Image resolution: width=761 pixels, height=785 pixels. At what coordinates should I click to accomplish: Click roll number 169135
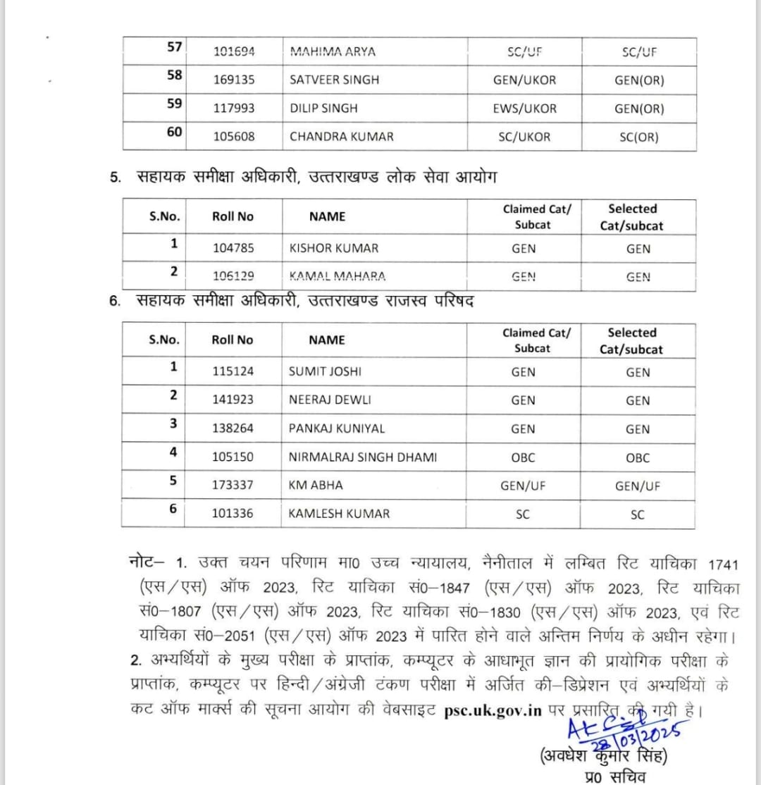pyautogui.click(x=234, y=80)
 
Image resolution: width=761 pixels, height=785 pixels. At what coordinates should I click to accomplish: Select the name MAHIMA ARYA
pyautogui.click(x=333, y=51)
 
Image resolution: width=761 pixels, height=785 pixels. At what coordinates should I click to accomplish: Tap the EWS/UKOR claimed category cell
pyautogui.click(x=524, y=109)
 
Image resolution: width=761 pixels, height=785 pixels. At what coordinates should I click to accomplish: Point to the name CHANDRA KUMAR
pyautogui.click(x=342, y=137)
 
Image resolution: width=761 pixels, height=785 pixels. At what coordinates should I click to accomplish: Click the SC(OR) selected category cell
pyautogui.click(x=638, y=137)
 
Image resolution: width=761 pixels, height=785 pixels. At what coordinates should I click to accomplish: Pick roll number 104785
pyautogui.click(x=233, y=248)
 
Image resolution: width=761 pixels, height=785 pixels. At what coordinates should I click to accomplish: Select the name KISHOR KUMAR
pyautogui.click(x=333, y=248)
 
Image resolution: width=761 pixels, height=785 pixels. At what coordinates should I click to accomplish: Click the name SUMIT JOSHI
pyautogui.click(x=325, y=371)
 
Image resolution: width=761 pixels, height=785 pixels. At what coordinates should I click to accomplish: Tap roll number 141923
pyautogui.click(x=233, y=400)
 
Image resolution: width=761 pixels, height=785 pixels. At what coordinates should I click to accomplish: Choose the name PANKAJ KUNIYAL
pyautogui.click(x=337, y=428)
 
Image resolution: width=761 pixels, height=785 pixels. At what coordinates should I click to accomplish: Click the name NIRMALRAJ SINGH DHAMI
pyautogui.click(x=362, y=457)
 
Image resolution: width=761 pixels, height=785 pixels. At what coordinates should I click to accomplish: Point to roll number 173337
pyautogui.click(x=233, y=486)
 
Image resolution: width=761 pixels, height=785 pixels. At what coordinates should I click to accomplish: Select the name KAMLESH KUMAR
pyautogui.click(x=339, y=514)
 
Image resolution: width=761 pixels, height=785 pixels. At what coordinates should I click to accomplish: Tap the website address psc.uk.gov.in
pyautogui.click(x=493, y=710)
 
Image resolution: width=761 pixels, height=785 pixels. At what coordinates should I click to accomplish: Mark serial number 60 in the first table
pyautogui.click(x=175, y=132)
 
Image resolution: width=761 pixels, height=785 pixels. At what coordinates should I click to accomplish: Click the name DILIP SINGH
pyautogui.click(x=323, y=109)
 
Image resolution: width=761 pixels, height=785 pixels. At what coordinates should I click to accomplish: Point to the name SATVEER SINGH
pyautogui.click(x=334, y=80)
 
